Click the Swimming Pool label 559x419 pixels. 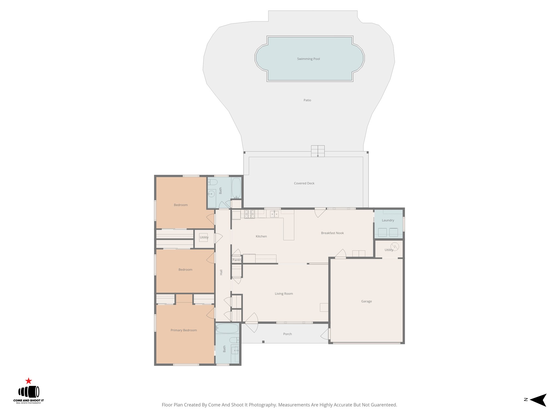(x=308, y=59)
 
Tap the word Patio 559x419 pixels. (x=307, y=100)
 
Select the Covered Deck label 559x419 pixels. (x=304, y=183)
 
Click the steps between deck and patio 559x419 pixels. (x=318, y=151)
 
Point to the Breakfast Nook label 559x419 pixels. (x=332, y=233)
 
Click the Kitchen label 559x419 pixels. (x=261, y=237)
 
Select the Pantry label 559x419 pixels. (x=237, y=260)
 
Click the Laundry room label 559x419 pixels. (x=388, y=220)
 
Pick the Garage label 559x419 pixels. (x=366, y=301)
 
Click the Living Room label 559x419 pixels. (x=284, y=294)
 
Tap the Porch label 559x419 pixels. (x=287, y=334)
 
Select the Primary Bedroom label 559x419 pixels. (x=184, y=330)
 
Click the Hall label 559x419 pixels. (x=221, y=272)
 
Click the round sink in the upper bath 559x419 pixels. (x=211, y=194)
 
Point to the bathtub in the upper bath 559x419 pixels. (x=236, y=188)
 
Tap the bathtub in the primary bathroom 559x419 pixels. (x=227, y=328)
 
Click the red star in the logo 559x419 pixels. (x=28, y=381)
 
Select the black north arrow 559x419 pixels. (x=538, y=400)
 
